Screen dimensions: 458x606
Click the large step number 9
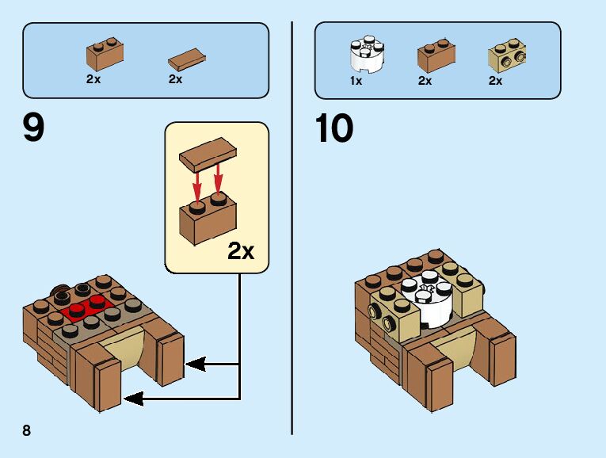point(33,129)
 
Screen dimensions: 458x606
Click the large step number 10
point(333,129)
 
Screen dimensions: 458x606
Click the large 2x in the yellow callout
point(241,251)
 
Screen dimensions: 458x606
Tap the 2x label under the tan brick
point(496,81)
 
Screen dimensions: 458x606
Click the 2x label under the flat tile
point(175,79)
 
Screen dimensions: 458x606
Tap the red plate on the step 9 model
point(87,306)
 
